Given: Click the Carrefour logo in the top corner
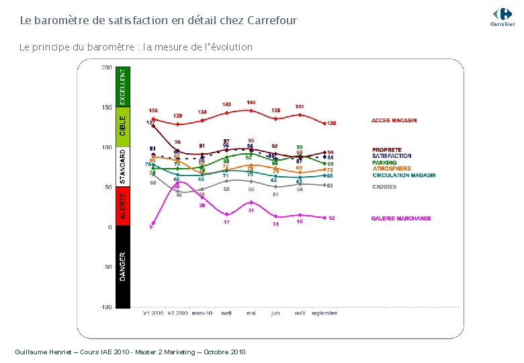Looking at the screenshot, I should (502, 16).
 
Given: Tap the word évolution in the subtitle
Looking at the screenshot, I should (230, 47).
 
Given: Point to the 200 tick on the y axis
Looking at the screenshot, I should (106, 67).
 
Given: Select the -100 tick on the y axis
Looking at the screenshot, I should (105, 307).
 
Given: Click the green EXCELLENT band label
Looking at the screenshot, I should (122, 85).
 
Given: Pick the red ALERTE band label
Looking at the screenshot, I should (122, 206).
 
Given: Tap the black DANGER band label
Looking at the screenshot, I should (122, 266).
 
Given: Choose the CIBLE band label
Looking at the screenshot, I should (122, 124).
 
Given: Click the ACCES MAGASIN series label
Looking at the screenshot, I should (394, 121).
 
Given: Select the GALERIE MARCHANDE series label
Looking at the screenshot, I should (401, 218).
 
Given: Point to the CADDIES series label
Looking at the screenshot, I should (384, 187).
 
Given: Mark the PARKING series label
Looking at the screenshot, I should (384, 163).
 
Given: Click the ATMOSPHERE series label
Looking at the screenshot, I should (392, 169).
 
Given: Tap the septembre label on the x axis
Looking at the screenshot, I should (324, 313).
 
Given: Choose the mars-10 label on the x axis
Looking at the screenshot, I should (202, 313).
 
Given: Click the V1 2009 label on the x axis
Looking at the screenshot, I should (153, 313).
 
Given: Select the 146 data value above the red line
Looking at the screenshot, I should (251, 103).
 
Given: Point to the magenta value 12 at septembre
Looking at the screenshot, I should (332, 218).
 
